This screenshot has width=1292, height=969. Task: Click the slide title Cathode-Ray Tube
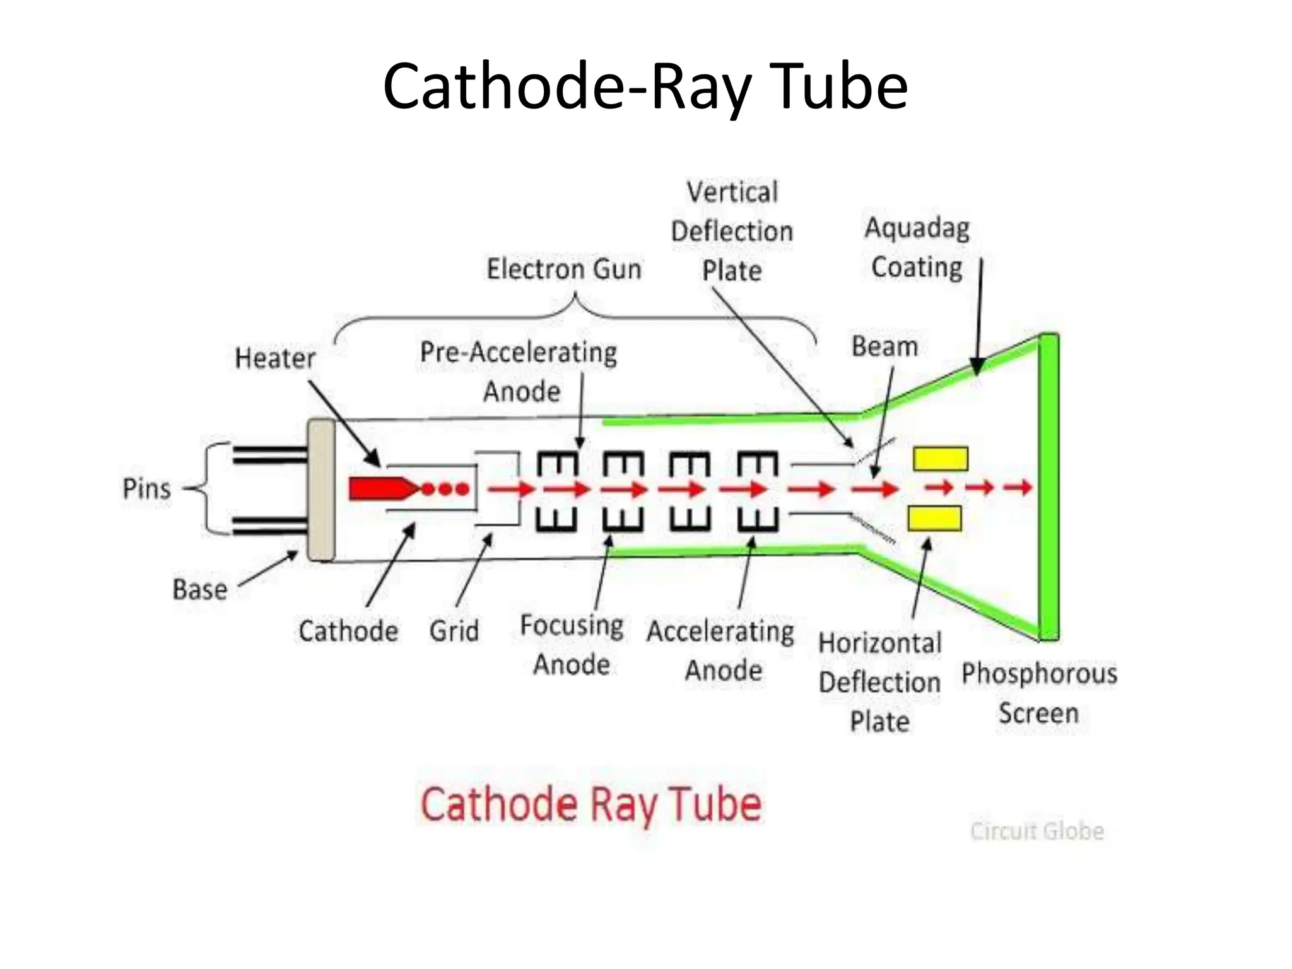pos(645,86)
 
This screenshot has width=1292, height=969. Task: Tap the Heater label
pos(275,358)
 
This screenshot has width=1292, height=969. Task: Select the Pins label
pos(146,489)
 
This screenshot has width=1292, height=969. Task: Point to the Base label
pos(200,590)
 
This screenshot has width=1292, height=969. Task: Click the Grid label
pos(454,631)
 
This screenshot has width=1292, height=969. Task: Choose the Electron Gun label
pos(564,269)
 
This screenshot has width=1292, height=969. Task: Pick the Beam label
pos(884,346)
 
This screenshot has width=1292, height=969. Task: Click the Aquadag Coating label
pos(917,247)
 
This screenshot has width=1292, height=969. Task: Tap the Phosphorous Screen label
pos(1039,693)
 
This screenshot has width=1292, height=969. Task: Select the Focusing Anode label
pos(572,645)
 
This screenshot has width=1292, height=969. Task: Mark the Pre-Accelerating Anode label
pos(519,372)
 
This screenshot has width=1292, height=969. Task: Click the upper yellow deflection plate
pos(941,459)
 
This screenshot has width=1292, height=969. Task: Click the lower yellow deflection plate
pos(934,519)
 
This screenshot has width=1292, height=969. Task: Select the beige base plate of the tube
pos(321,490)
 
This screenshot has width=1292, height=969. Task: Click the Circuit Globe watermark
pos(1037,831)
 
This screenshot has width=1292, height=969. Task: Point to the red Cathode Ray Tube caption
pos(591,804)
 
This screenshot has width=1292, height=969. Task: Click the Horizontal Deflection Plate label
pos(880,683)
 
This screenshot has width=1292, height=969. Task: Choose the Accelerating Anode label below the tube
pos(721,650)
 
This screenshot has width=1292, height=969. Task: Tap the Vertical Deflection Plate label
pos(732,232)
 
